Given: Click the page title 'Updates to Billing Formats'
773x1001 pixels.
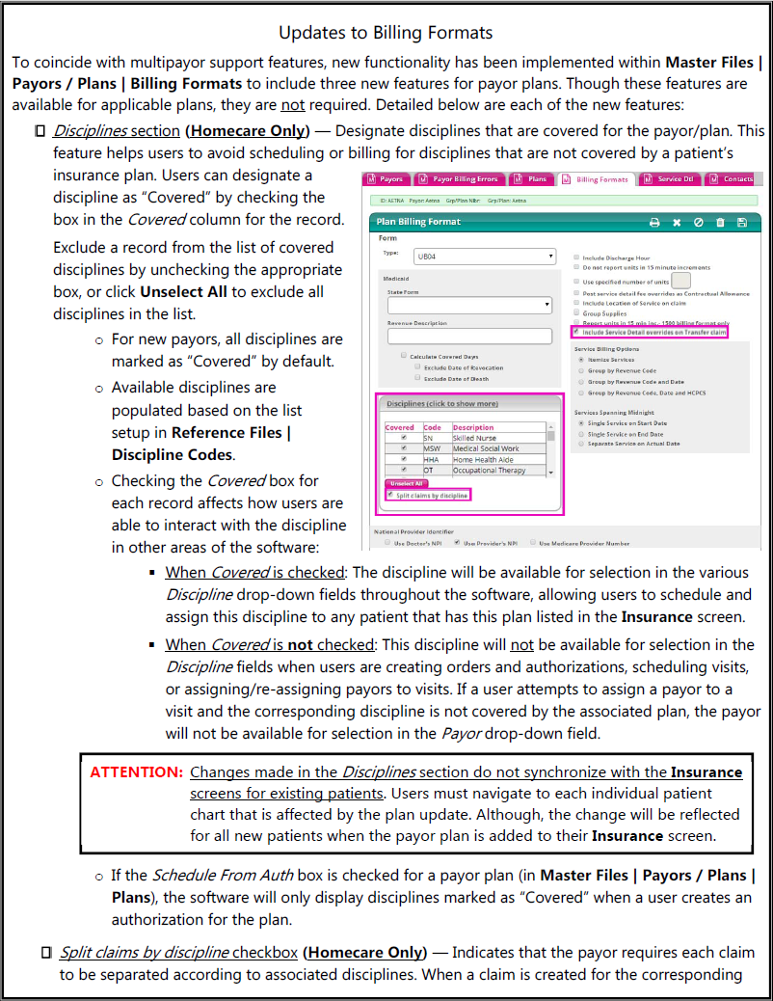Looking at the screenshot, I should point(386,33).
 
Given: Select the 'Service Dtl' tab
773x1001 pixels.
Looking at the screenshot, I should point(674,179).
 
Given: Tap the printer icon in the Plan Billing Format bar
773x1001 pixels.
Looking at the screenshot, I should point(654,222).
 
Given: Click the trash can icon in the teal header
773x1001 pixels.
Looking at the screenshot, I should point(720,222).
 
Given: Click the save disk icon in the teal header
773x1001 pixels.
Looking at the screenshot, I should point(741,222).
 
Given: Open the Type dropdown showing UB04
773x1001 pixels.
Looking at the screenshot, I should point(484,257).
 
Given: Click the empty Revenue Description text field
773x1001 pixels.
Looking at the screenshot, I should point(468,337).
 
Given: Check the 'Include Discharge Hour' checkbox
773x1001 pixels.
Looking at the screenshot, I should point(576,257).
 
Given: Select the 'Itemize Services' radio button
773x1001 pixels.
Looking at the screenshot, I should point(580,359).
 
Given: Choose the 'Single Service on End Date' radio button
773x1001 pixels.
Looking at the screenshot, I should point(580,434).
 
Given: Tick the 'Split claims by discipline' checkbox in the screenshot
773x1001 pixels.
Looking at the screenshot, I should point(389,495).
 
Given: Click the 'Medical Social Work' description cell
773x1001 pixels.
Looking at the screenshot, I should point(486,448).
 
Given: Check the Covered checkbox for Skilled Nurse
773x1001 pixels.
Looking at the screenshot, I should point(402,438).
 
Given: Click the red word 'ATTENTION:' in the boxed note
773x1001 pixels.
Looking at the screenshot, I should point(136,771).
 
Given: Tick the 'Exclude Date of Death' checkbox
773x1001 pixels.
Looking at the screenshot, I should point(417,379).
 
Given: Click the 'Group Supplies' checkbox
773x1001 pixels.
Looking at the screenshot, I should point(576,313).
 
